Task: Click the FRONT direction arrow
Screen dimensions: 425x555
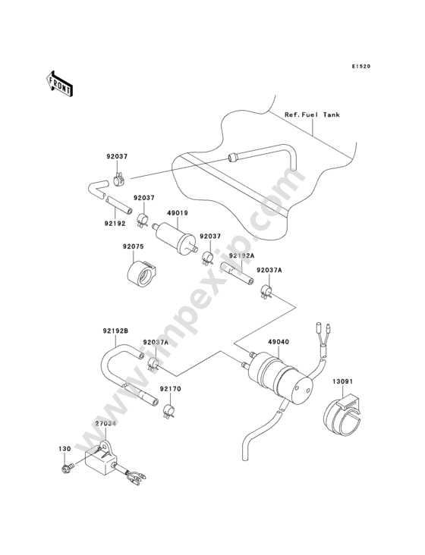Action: tap(59, 84)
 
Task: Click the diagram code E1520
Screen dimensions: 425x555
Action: tap(361, 66)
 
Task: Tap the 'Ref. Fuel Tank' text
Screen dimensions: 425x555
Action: tap(312, 114)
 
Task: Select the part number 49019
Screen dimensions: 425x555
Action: tap(178, 213)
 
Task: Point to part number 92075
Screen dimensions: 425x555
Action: tap(134, 246)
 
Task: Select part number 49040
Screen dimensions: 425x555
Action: tap(279, 342)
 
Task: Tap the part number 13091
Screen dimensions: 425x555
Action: tap(342, 381)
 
